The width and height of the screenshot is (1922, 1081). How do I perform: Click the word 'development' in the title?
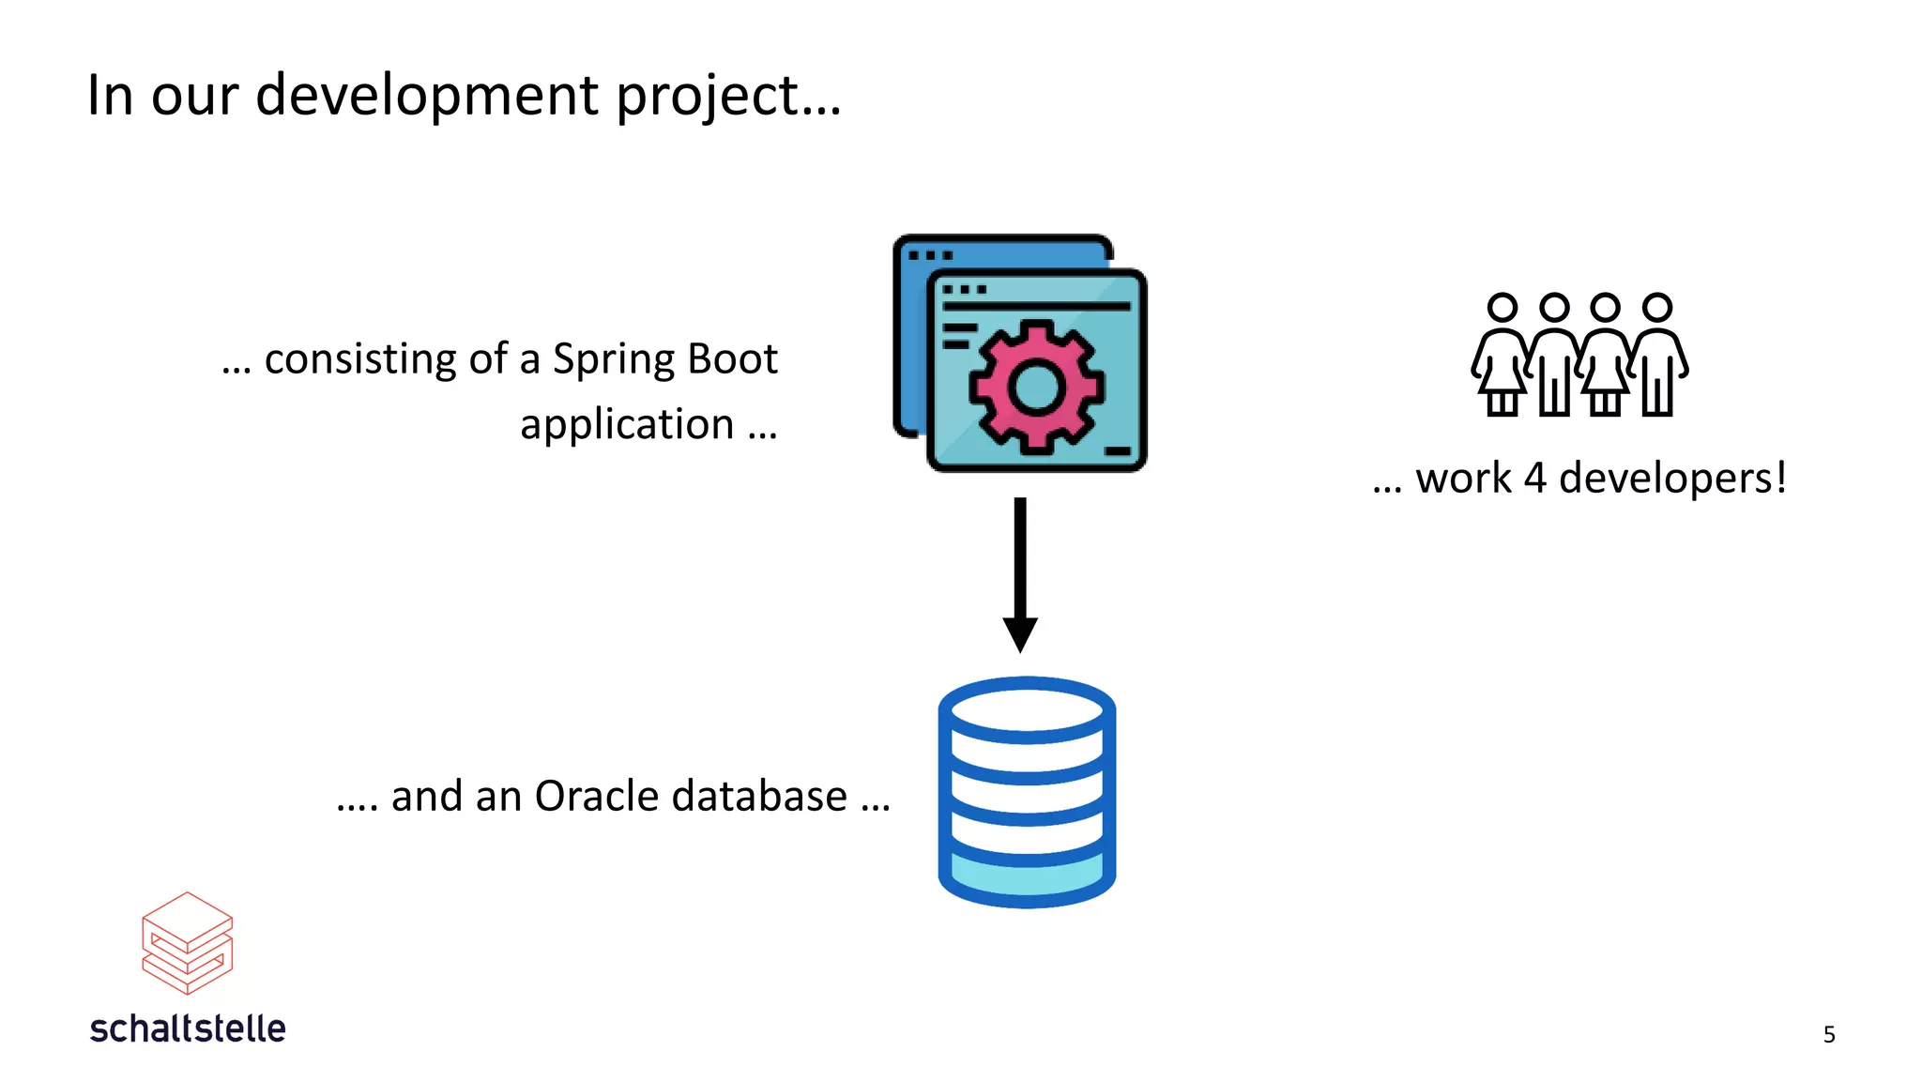click(426, 96)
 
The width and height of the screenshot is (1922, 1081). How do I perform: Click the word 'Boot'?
click(732, 358)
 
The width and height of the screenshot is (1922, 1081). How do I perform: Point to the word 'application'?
click(627, 426)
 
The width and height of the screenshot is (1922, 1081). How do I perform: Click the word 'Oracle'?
click(597, 796)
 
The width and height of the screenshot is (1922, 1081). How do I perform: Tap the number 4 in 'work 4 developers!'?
click(1534, 479)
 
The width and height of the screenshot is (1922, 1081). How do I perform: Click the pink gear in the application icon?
click(1036, 386)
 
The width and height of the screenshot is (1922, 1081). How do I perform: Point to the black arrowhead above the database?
click(1020, 633)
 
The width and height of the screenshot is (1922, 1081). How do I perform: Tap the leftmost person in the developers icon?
click(1502, 357)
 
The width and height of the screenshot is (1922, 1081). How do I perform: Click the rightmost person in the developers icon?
click(1658, 357)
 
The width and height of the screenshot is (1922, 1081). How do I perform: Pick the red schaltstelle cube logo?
click(187, 943)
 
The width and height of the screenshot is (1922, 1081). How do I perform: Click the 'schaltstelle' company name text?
click(188, 1028)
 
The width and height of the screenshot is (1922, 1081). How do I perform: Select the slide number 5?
click(1828, 1034)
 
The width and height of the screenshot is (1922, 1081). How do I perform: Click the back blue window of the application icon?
click(908, 338)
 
